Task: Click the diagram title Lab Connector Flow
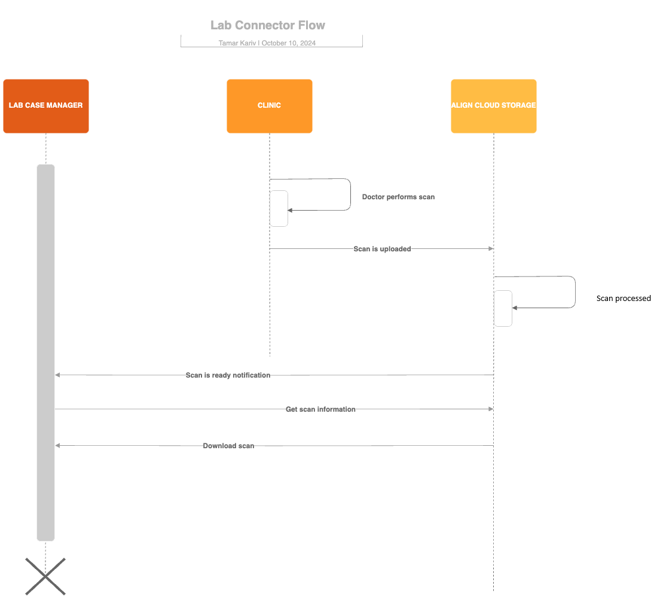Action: pos(268,25)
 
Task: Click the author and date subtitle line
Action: pos(267,43)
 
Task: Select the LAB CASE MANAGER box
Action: pos(46,106)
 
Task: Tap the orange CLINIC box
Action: pos(269,106)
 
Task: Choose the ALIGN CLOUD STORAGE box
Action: pos(493,106)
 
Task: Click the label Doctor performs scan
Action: pos(398,197)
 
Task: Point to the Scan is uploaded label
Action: pos(382,249)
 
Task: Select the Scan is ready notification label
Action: pos(228,375)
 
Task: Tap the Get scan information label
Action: pos(320,409)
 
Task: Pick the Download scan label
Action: pos(228,446)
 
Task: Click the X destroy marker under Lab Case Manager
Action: pos(45,576)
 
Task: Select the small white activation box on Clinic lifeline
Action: pos(279,208)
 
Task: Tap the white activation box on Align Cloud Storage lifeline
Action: pos(503,308)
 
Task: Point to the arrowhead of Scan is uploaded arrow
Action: pos(490,249)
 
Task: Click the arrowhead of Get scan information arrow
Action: pos(490,409)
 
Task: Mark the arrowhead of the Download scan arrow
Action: pos(58,446)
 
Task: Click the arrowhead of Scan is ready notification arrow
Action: pos(58,375)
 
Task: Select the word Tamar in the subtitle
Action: pos(228,43)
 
